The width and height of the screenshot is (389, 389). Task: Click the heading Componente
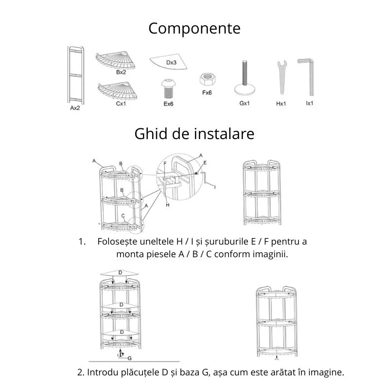coord(194,28)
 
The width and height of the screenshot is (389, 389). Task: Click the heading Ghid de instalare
coord(194,133)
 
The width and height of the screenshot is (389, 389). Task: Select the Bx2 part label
coord(121,72)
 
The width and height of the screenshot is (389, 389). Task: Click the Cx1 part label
coord(121,103)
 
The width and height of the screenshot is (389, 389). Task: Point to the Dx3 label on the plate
coord(171,63)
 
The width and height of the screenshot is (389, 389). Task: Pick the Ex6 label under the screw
coord(168,104)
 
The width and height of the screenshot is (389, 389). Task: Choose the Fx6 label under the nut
coord(207,92)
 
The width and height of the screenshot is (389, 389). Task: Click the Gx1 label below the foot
coord(245,104)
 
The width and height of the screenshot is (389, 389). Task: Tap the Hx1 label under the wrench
coord(280,104)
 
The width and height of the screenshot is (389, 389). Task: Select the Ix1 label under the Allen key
coord(309,104)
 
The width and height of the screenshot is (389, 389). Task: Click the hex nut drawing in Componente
coord(206,79)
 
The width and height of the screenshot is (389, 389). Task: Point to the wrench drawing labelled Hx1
coord(280,78)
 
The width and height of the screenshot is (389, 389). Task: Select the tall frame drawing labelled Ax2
coord(75,75)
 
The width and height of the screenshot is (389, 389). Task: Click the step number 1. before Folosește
coord(82,242)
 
